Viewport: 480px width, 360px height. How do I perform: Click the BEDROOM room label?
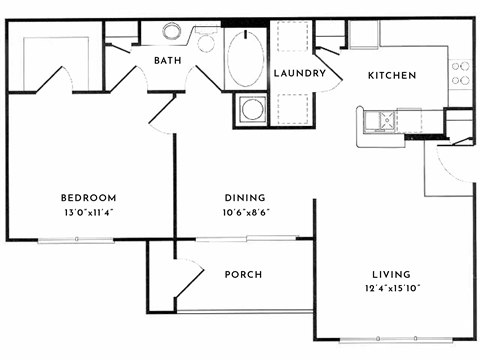click(x=88, y=197)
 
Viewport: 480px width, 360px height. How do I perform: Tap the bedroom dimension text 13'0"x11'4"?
click(x=88, y=211)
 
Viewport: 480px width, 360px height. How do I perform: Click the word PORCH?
click(x=244, y=273)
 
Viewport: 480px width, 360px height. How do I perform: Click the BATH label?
click(x=166, y=61)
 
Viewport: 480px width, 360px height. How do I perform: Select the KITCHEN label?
click(x=392, y=75)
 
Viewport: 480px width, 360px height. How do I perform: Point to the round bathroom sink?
click(x=173, y=31)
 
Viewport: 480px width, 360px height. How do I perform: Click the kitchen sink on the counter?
click(x=380, y=121)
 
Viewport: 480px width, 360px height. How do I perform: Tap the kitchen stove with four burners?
click(x=461, y=72)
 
